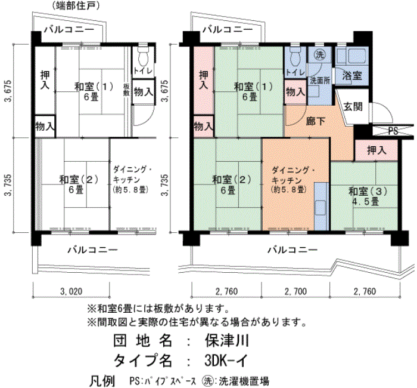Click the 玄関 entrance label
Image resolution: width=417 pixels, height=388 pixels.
(353, 107)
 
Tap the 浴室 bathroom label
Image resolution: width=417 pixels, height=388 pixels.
(351, 76)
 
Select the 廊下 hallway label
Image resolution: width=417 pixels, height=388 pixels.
(315, 121)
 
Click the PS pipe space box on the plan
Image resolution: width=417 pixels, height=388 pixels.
(393, 131)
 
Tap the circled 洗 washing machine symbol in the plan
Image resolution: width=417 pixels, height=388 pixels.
(320, 55)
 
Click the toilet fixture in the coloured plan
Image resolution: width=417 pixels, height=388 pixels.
(295, 57)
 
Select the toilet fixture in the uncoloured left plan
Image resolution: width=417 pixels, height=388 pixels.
(144, 57)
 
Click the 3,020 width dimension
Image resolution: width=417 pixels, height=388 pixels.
(71, 291)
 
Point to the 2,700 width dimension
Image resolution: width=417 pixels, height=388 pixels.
(295, 291)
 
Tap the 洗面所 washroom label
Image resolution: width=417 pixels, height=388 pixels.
(320, 81)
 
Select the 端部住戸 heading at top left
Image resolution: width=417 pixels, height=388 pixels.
(76, 5)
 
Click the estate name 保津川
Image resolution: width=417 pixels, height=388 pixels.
(226, 340)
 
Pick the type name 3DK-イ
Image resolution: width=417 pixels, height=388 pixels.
(226, 361)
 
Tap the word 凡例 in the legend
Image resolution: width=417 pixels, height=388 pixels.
(102, 381)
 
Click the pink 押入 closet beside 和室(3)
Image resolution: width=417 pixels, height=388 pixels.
(376, 150)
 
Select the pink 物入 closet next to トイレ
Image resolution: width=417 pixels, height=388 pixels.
(295, 92)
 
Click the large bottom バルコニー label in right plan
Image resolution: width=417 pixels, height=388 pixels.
(292, 250)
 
